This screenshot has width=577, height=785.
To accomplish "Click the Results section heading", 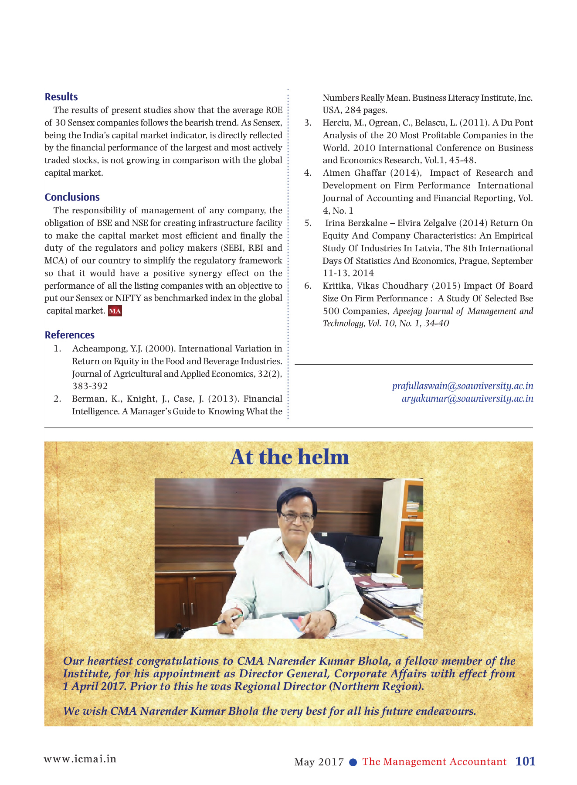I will point(61,97).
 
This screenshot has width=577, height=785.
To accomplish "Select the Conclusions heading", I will point(72,197).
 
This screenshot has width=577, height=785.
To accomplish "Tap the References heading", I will point(69,335).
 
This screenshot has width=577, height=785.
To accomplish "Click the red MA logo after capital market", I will point(115,311).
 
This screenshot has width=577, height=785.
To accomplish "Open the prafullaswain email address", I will point(462,386).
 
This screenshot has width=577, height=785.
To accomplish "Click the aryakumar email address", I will point(467,399).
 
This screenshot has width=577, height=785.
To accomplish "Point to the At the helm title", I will point(289,457).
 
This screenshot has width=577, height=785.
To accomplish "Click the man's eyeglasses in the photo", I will point(296,517).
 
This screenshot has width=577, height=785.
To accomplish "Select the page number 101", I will point(525,761).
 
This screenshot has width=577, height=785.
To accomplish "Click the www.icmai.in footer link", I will point(80,759).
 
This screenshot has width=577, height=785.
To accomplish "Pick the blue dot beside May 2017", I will point(353,762).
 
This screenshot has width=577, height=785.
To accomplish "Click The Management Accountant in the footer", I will point(434,761).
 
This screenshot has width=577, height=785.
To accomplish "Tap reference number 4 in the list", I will point(308,173).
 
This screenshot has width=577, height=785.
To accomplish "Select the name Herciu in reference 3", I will point(336,123).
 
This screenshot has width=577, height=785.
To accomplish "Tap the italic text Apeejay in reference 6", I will point(407,311).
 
